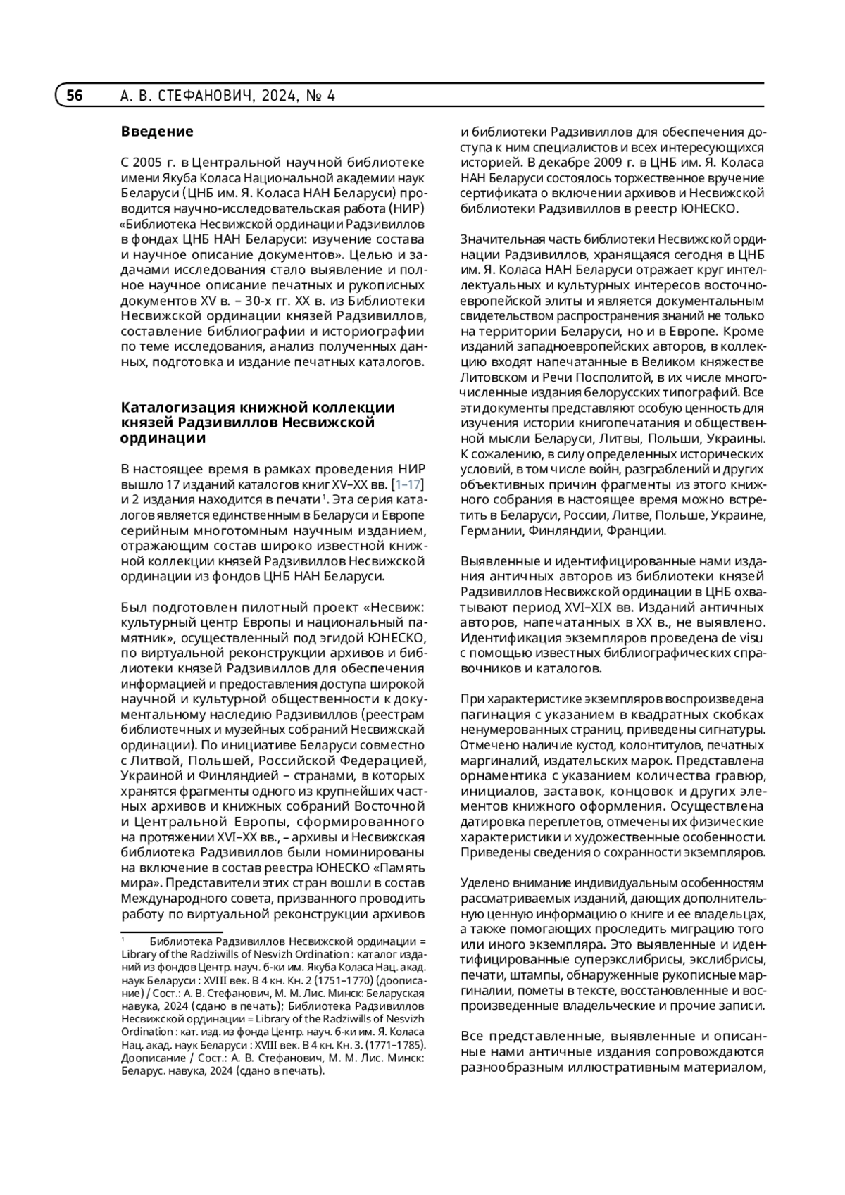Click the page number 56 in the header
(75, 96)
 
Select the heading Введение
(157, 132)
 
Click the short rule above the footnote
(162, 932)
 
